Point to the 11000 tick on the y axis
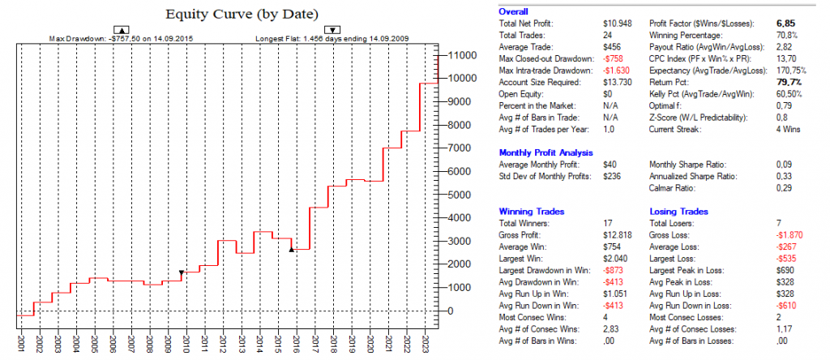click(x=464, y=55)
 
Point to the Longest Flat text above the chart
click(x=332, y=38)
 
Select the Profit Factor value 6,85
click(x=775, y=24)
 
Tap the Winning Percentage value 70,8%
click(x=776, y=36)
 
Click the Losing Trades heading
click(x=679, y=212)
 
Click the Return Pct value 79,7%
click(x=776, y=83)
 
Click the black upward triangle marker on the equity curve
click(x=291, y=250)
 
